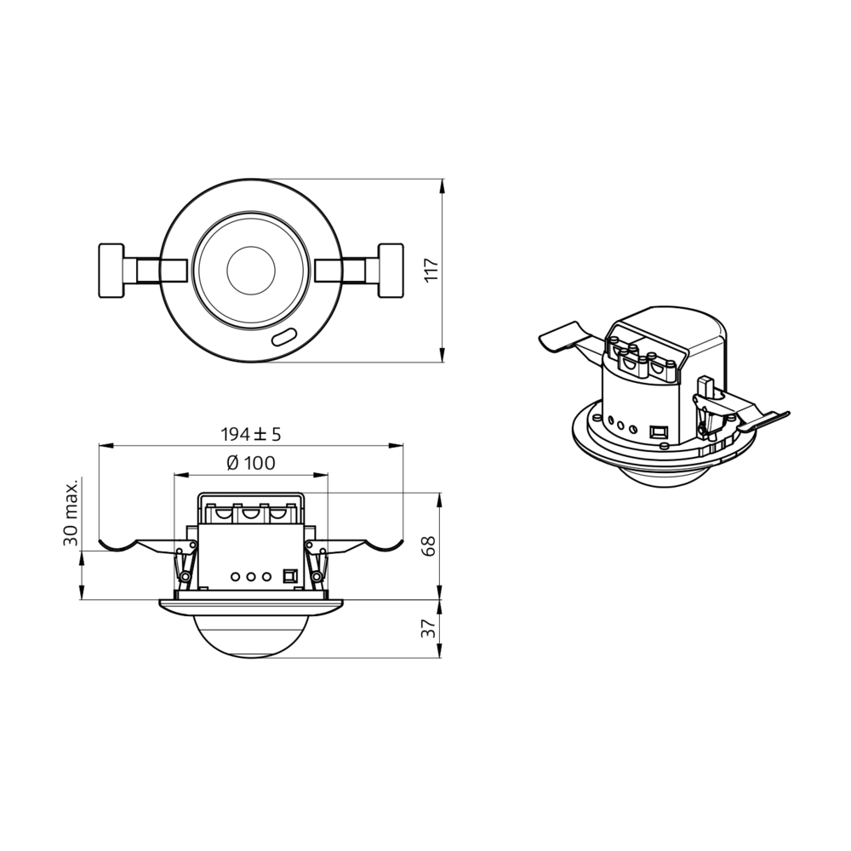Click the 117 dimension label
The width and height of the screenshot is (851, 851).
click(x=431, y=270)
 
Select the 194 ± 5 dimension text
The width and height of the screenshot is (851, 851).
click(x=251, y=434)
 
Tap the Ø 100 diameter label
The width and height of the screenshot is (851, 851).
click(x=251, y=464)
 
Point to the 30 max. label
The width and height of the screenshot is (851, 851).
click(x=71, y=511)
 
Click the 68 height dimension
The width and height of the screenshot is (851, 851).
click(x=430, y=545)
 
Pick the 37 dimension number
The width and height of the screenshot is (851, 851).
click(x=430, y=628)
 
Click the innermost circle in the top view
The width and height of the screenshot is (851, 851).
click(x=251, y=271)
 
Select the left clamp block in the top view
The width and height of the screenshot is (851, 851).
click(x=111, y=271)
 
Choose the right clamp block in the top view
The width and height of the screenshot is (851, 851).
click(x=391, y=271)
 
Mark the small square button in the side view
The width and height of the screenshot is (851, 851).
click(x=289, y=576)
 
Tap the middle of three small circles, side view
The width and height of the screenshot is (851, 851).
click(x=251, y=576)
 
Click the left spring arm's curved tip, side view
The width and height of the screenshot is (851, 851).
click(x=115, y=545)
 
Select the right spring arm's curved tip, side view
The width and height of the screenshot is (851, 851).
click(x=387, y=545)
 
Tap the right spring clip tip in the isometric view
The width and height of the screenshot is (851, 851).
click(x=774, y=417)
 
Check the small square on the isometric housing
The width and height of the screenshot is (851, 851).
click(x=656, y=431)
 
